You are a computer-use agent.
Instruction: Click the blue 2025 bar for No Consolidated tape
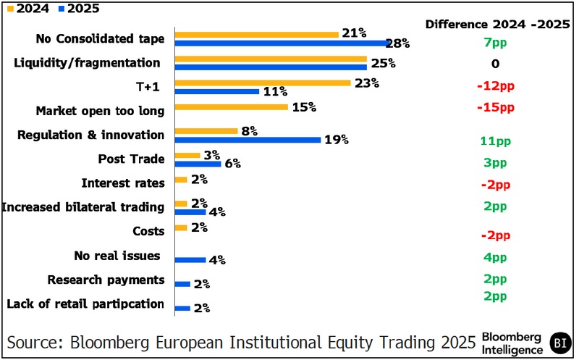pos(283,43)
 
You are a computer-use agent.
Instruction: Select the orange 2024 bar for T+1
pos(263,83)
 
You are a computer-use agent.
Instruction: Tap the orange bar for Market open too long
pos(232,106)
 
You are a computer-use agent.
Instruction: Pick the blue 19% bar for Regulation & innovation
pos(248,140)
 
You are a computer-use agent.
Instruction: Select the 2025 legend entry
pos(78,9)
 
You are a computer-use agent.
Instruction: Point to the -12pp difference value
pos(495,86)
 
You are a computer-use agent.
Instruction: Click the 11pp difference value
pos(495,141)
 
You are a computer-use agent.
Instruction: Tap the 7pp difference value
pos(495,43)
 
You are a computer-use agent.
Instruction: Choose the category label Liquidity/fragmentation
pos(87,63)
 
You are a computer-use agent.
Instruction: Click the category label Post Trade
pos(131,159)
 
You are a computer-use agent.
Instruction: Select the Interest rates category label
pos(123,183)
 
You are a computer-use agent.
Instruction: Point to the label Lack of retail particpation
pos(85,304)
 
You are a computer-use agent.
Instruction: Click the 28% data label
pos(397,43)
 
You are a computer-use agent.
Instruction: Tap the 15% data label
pos(304,107)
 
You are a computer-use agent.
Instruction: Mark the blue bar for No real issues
pos(190,259)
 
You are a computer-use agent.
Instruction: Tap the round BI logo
pos(559,341)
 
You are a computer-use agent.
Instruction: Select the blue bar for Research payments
pos(182,284)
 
